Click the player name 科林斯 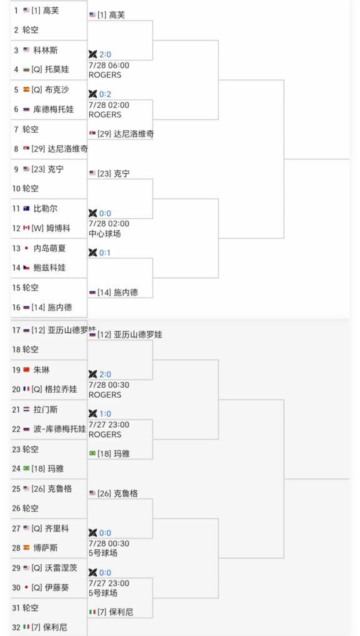[46, 51]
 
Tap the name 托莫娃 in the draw [57, 69]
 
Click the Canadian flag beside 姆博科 [26, 228]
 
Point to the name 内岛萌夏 [49, 248]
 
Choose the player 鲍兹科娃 [49, 267]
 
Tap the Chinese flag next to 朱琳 [26, 370]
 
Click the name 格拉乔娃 [61, 389]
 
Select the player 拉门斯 [46, 410]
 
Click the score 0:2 [105, 95]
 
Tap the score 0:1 [105, 253]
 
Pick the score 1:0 [105, 414]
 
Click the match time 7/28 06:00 [109, 65]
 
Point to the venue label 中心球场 [105, 234]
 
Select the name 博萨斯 [46, 548]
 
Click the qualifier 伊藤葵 [57, 588]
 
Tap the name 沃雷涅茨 [61, 568]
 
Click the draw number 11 [16, 209]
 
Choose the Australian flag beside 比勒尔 [26, 209]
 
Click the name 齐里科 [57, 529]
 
